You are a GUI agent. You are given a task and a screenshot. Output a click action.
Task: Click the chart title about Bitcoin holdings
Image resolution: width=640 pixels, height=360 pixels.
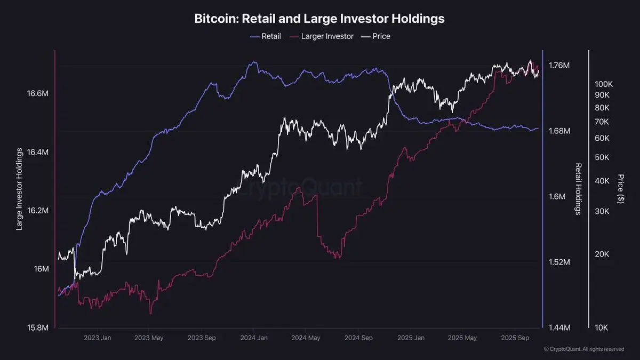tap(319, 19)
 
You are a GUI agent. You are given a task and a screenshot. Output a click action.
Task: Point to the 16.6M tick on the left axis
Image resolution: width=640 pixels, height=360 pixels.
tap(38, 94)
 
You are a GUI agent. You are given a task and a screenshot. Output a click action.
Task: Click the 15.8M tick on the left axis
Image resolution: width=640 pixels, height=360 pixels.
tap(38, 327)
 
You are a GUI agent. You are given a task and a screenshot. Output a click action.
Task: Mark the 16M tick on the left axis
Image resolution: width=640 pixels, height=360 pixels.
tap(42, 269)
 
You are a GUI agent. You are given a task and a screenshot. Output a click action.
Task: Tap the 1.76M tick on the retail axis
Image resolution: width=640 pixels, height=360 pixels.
tap(559, 66)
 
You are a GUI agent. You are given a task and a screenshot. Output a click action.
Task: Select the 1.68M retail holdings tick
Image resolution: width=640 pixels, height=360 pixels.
tap(559, 131)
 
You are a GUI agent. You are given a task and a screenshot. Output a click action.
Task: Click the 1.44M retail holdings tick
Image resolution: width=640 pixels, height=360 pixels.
tap(559, 327)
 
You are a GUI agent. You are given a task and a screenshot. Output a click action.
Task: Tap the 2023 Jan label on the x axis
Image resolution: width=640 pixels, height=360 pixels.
tap(98, 338)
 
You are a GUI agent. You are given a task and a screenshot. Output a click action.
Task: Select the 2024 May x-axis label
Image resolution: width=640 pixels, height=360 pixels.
tap(306, 338)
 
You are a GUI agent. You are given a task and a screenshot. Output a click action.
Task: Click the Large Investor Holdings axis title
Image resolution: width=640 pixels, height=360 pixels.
tap(19, 190)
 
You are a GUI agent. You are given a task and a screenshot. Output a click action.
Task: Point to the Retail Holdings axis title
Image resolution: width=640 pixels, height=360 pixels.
tap(578, 189)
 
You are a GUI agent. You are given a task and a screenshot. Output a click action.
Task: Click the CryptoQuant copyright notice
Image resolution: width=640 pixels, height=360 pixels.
tap(583, 349)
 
